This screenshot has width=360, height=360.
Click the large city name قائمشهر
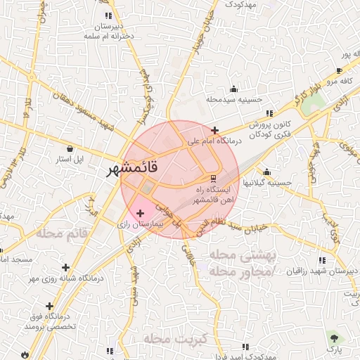141,169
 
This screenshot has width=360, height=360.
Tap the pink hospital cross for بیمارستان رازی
139,212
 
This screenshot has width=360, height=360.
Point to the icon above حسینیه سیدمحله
233,89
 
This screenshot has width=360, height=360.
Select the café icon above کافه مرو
340,70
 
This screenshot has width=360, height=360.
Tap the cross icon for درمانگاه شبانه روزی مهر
66,267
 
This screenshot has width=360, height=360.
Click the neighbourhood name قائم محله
63,233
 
